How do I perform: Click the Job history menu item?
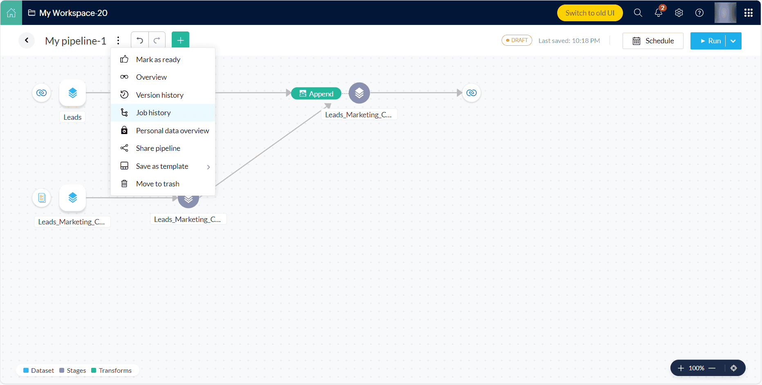pos(153,113)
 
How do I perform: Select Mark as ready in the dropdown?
pos(158,60)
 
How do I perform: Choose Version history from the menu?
pos(159,95)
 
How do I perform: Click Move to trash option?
pos(157,184)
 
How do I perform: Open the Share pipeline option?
pos(158,148)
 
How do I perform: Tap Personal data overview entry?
pos(172,131)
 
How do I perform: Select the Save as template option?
pos(162,166)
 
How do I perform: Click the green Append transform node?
pos(316,94)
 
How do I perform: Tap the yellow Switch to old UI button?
pos(589,13)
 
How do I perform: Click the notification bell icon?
pos(658,13)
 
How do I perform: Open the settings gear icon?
pos(679,13)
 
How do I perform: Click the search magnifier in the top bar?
pos(638,13)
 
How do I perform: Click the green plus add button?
pos(180,40)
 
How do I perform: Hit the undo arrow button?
pos(140,40)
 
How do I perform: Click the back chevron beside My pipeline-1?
pos(27,40)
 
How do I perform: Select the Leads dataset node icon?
pos(72,93)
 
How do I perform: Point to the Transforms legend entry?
pos(111,371)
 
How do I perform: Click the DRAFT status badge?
pos(517,40)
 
